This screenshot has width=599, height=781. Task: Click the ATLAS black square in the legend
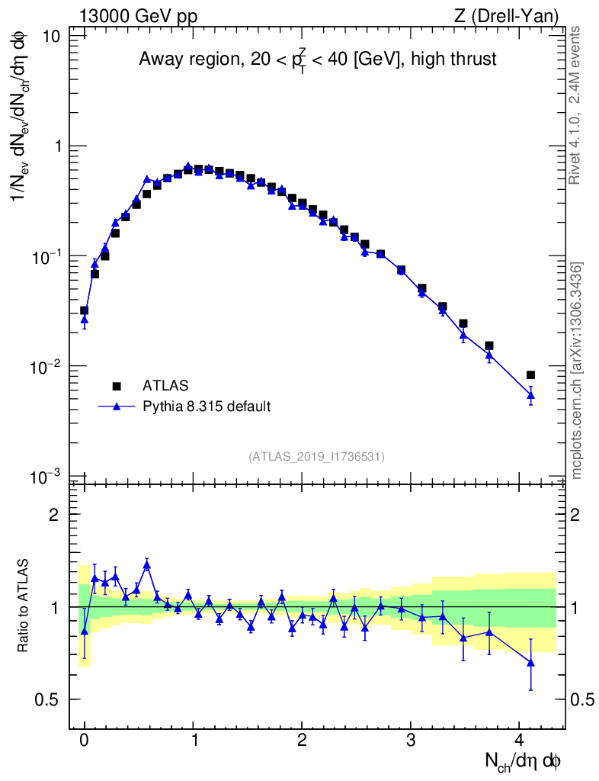tap(117, 386)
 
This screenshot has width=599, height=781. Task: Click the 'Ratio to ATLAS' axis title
tap(24, 607)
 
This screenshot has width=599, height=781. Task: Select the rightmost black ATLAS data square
tap(530, 374)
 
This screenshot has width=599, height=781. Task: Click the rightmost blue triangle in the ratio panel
tap(530, 663)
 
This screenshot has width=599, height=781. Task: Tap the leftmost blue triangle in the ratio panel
tap(84, 631)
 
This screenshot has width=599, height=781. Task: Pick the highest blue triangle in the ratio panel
tap(147, 565)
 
